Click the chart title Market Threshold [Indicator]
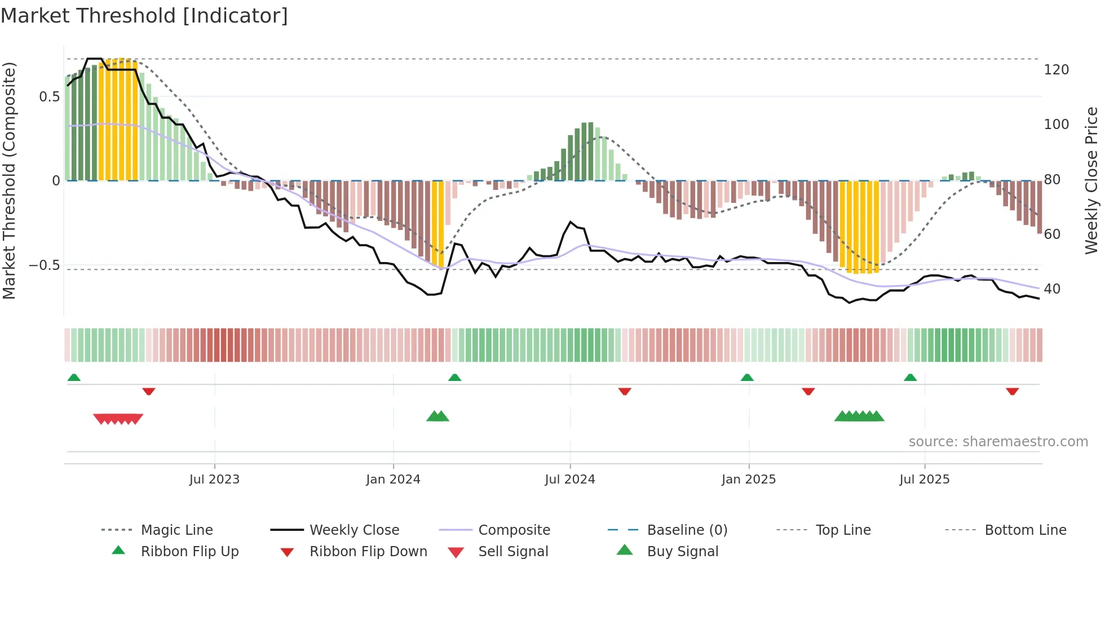point(144,16)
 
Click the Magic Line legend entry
point(176,530)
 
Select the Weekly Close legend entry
point(354,530)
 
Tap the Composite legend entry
point(514,530)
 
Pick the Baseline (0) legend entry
point(687,530)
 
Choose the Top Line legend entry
point(843,530)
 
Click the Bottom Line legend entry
point(1025,530)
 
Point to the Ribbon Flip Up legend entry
point(189,552)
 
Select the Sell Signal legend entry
point(512,552)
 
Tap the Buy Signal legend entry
point(682,552)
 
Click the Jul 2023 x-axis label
point(214,480)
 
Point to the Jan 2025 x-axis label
point(749,480)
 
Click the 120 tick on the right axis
point(1056,70)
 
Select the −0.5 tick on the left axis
point(44,265)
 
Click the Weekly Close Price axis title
point(1091,180)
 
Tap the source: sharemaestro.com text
point(998,442)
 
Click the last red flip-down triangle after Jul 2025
point(1012,391)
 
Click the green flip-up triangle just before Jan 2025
point(747,378)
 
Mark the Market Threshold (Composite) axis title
point(9,180)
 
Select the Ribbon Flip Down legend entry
point(368,552)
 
